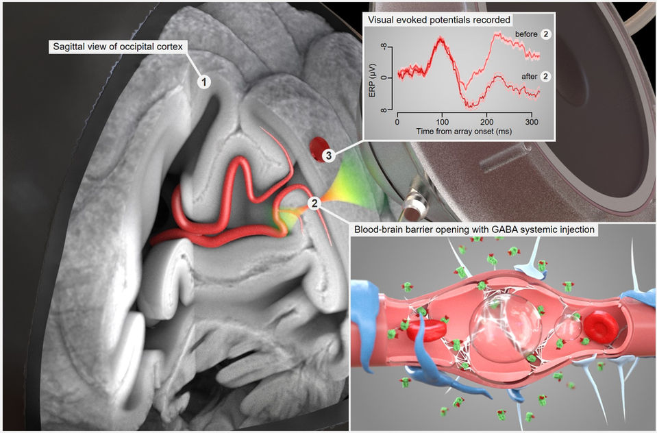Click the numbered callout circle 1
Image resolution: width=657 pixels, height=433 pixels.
tap(203, 81)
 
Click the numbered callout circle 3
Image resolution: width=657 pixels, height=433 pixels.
tap(328, 156)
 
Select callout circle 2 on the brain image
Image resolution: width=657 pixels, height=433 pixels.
tap(314, 203)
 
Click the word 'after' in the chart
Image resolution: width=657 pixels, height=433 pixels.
tap(529, 76)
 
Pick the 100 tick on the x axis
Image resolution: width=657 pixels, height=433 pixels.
tap(443, 122)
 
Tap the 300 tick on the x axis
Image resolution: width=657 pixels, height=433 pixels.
tap(530, 122)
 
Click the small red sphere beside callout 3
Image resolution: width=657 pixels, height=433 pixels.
tap(318, 146)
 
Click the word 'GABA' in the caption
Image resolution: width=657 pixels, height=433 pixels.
tap(501, 230)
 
